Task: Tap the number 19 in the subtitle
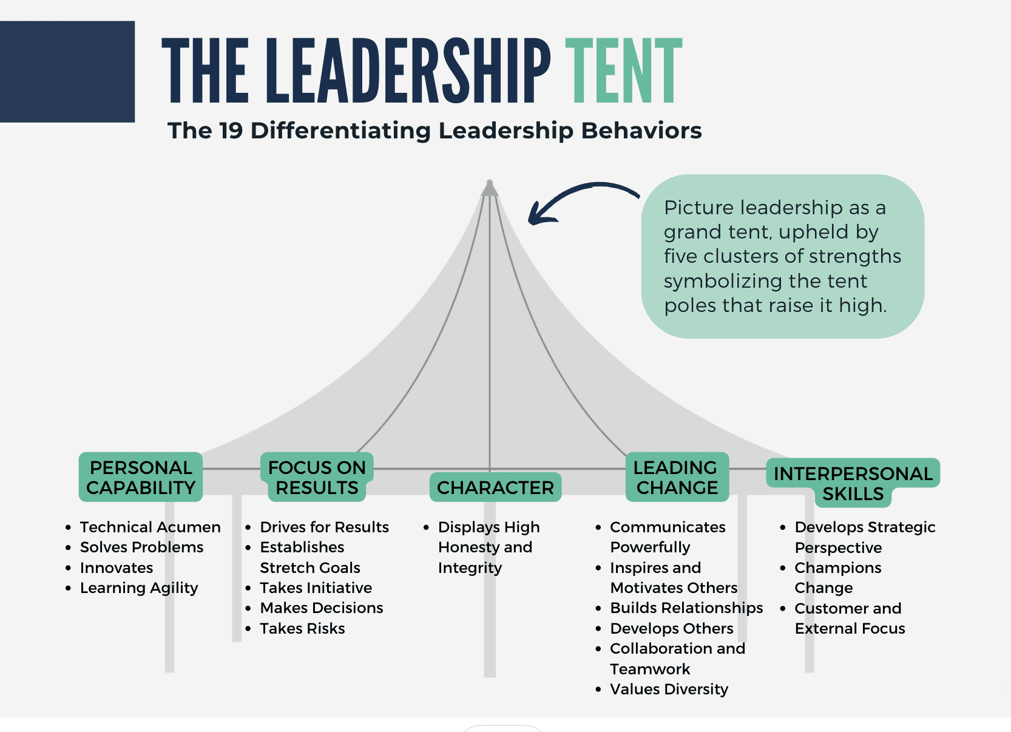[x=231, y=130]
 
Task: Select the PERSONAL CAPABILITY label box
[x=141, y=477]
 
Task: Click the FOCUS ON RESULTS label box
[x=317, y=477]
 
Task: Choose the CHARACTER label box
[x=495, y=487]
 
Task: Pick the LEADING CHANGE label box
[x=677, y=477]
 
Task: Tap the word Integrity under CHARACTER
[x=470, y=568]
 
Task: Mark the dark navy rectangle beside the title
[x=67, y=72]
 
